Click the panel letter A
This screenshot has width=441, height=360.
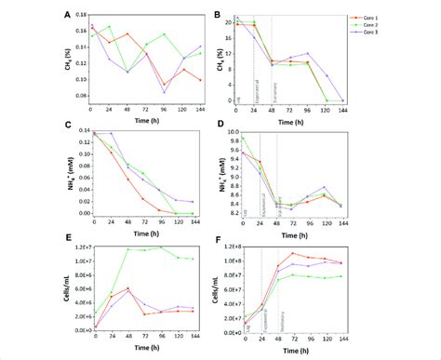[67, 15]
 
